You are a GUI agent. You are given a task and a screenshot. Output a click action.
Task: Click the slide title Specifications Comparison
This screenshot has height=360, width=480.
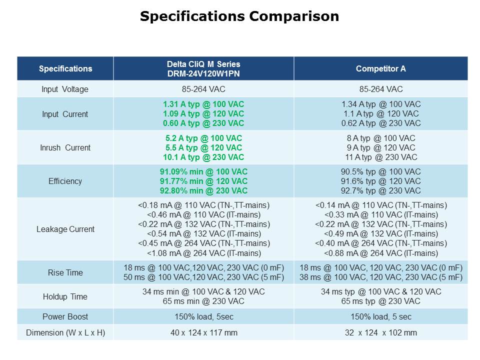pyautogui.click(x=239, y=16)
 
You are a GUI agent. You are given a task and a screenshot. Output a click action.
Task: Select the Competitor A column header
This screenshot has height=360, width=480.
pyautogui.click(x=380, y=69)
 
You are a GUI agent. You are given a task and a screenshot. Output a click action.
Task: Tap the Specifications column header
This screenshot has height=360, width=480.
pyautogui.click(x=65, y=69)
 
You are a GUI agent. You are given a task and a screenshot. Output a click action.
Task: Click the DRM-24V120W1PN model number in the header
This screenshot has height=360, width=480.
pyautogui.click(x=203, y=73)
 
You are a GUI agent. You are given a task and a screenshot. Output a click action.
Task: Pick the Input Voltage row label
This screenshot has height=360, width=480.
pyautogui.click(x=65, y=89)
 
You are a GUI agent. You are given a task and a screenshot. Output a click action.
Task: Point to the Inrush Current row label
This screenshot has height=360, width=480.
pyautogui.click(x=65, y=147)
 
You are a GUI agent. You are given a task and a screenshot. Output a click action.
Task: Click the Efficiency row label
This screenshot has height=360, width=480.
pyautogui.click(x=65, y=181)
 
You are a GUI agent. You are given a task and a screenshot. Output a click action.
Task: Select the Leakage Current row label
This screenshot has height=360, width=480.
pyautogui.click(x=65, y=229)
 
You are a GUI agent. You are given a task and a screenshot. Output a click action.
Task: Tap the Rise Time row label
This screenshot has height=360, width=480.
pyautogui.click(x=65, y=272)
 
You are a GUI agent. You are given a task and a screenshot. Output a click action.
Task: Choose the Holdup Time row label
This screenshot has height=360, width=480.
pyautogui.click(x=65, y=296)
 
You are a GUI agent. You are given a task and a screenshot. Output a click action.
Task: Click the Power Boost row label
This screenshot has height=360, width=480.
pyautogui.click(x=65, y=316)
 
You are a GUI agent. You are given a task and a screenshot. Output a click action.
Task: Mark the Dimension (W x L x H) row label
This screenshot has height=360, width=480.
pyautogui.click(x=65, y=332)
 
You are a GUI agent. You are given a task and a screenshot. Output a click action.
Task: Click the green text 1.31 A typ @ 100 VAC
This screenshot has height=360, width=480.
pyautogui.click(x=203, y=104)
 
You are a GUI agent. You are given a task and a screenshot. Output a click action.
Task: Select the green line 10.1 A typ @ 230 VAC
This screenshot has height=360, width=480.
pyautogui.click(x=203, y=157)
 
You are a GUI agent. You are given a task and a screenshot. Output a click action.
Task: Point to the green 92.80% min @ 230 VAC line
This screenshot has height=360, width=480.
pyautogui.click(x=203, y=190)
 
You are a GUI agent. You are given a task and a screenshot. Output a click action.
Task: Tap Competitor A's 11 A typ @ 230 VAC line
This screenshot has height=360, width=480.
pyautogui.click(x=381, y=157)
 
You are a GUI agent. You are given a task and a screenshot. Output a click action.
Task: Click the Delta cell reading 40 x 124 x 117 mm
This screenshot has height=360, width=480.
pyautogui.click(x=203, y=332)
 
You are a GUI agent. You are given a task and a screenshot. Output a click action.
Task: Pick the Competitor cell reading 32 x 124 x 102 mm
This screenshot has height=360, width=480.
pyautogui.click(x=381, y=332)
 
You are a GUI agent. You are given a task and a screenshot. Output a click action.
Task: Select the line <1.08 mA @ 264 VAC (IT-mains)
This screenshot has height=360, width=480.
pyautogui.click(x=203, y=253)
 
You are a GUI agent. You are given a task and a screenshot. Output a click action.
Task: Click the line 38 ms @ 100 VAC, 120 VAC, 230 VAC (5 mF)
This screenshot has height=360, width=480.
pyautogui.click(x=381, y=277)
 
